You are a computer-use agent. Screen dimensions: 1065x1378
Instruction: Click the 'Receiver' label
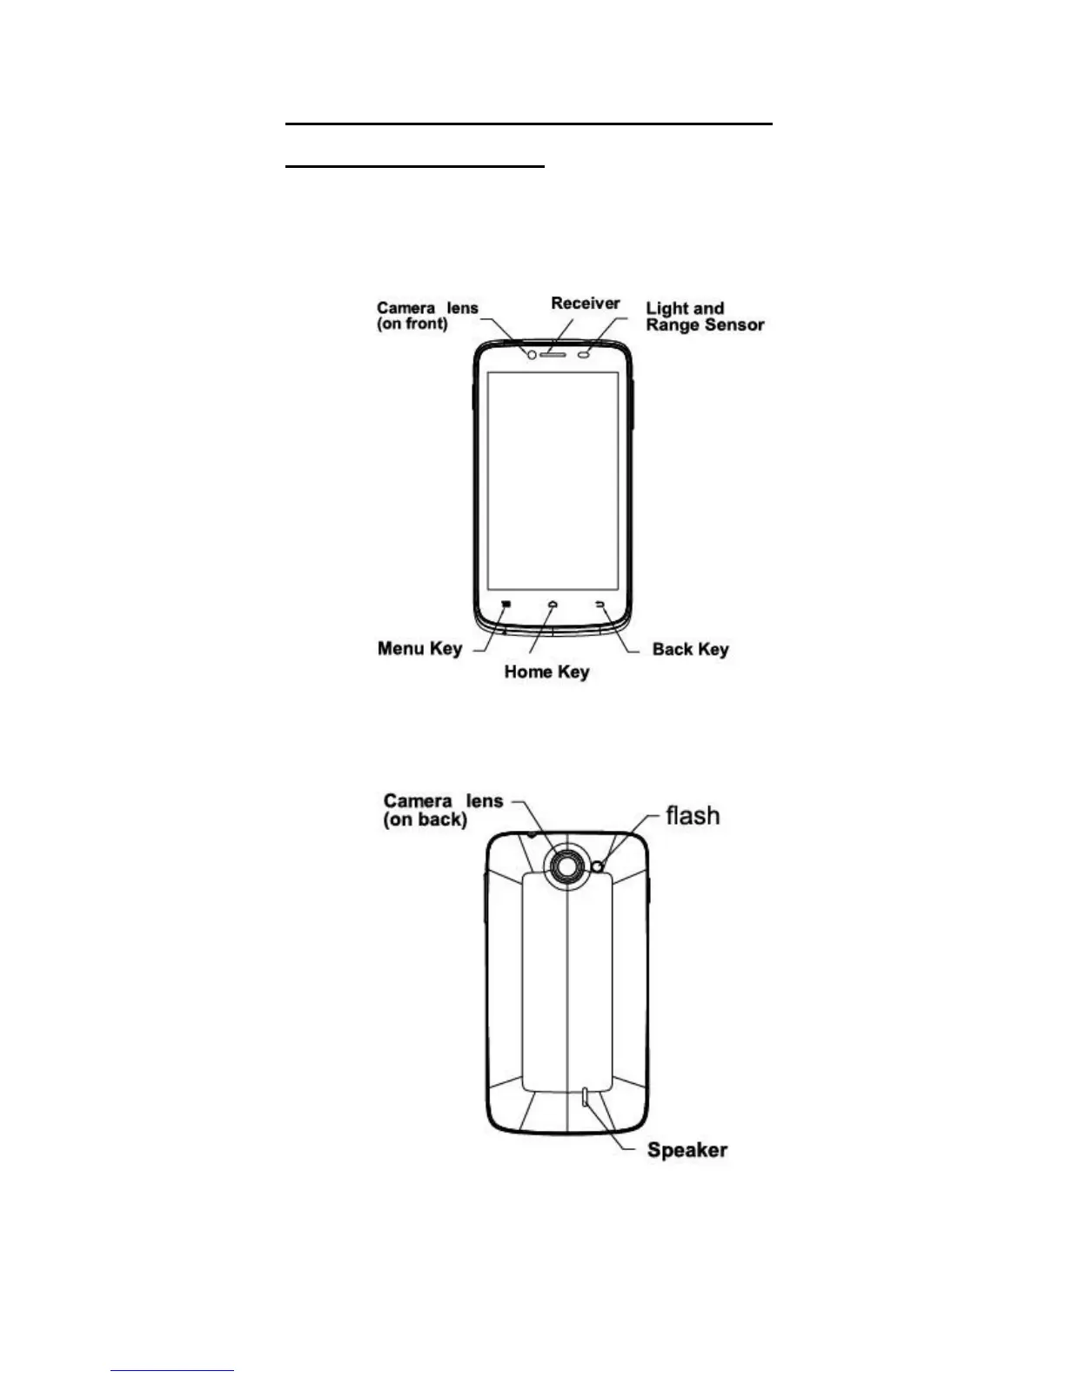pos(586,304)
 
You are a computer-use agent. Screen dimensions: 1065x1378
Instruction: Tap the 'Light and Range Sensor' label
pos(705,317)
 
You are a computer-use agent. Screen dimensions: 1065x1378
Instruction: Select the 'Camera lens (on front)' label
pos(427,316)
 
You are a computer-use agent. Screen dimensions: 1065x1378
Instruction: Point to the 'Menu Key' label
pos(419,649)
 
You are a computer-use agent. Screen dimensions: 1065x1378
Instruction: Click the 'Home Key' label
pos(546,672)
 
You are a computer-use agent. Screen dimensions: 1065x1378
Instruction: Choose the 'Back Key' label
pos(690,650)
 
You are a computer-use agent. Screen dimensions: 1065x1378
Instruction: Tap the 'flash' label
pos(693,816)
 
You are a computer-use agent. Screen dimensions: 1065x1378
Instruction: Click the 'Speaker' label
pos(687,1150)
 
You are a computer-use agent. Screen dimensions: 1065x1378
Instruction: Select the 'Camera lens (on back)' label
pos(443,810)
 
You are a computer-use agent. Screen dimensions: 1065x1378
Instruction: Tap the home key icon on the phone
pos(553,603)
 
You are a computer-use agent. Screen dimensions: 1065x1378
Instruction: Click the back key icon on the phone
pos(599,603)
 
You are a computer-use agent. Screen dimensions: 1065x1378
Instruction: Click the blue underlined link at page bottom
pos(172,1371)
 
